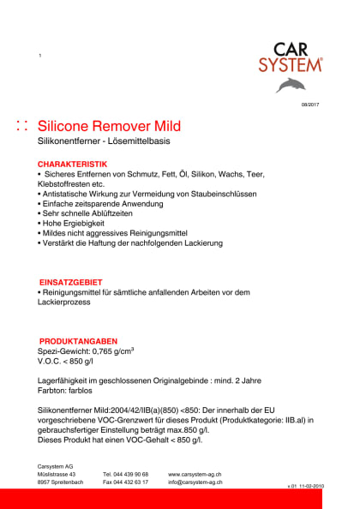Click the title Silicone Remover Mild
(x=110, y=126)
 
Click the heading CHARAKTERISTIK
(x=72, y=163)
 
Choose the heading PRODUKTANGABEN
(x=78, y=340)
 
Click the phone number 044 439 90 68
(x=125, y=473)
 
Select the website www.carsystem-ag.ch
(x=196, y=473)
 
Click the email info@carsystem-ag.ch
(x=197, y=482)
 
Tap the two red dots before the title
(x=22, y=126)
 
